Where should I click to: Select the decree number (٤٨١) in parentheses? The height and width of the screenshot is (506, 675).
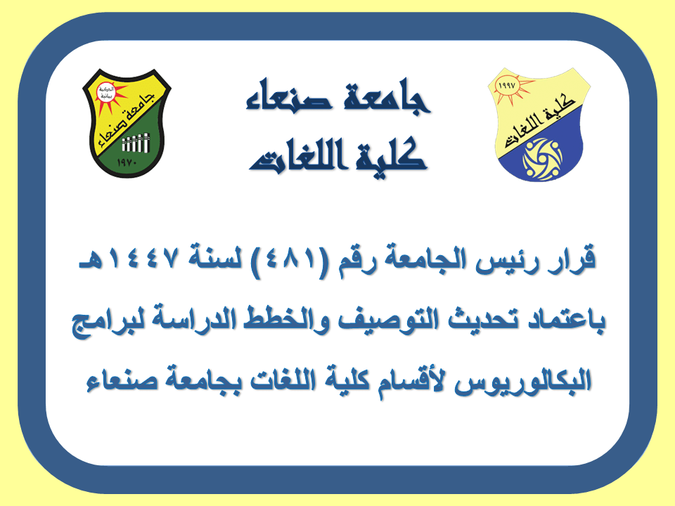(x=291, y=261)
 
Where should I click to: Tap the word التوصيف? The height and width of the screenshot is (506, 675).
(x=388, y=320)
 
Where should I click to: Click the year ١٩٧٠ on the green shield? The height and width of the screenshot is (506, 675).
(x=127, y=163)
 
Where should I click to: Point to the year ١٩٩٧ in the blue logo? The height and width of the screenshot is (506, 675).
(x=507, y=86)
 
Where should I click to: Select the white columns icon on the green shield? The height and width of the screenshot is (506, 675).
(x=136, y=143)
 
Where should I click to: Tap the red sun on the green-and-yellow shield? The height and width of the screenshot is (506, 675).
(x=107, y=96)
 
